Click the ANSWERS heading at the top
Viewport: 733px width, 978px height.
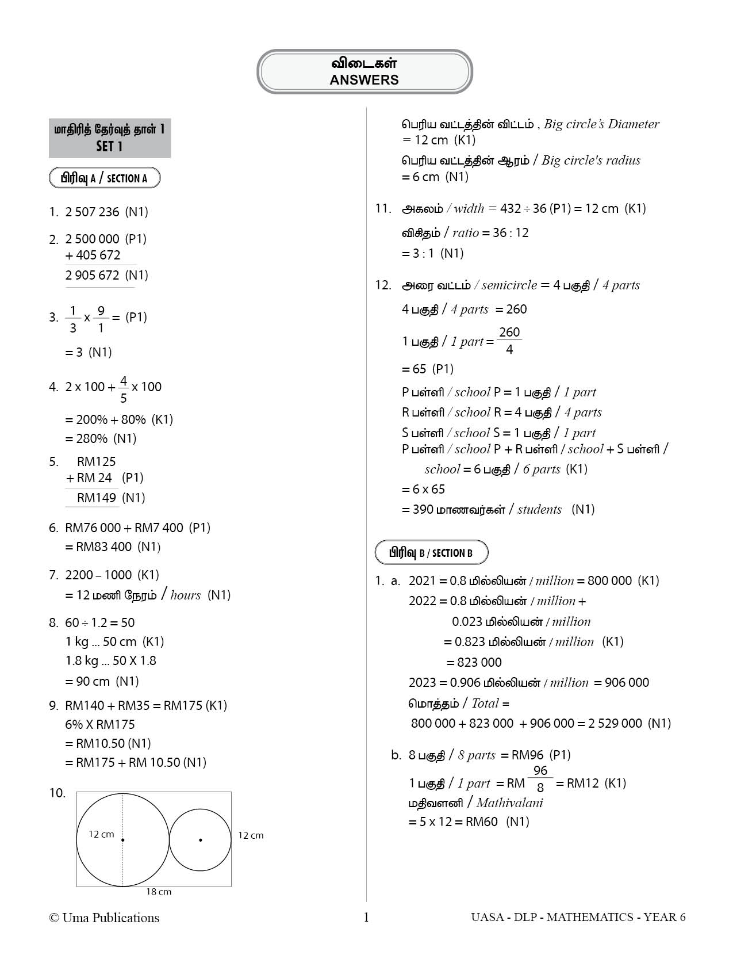(364, 80)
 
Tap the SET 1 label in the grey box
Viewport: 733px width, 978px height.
(109, 147)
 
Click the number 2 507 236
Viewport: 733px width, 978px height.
(93, 212)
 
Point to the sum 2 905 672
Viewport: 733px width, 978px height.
(93, 275)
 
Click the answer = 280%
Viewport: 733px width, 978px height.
(92, 439)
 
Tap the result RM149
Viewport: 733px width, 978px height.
(97, 498)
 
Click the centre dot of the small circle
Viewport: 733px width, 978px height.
(200, 840)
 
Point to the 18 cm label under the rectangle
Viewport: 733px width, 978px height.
(159, 892)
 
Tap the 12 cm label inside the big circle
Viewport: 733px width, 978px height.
(101, 834)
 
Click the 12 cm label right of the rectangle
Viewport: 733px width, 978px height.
(251, 835)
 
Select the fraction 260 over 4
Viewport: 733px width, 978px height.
(509, 341)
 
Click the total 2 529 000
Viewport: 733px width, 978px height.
(615, 724)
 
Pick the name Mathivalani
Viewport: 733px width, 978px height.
(509, 803)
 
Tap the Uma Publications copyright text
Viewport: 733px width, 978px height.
(104, 918)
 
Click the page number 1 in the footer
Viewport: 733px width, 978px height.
(366, 917)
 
